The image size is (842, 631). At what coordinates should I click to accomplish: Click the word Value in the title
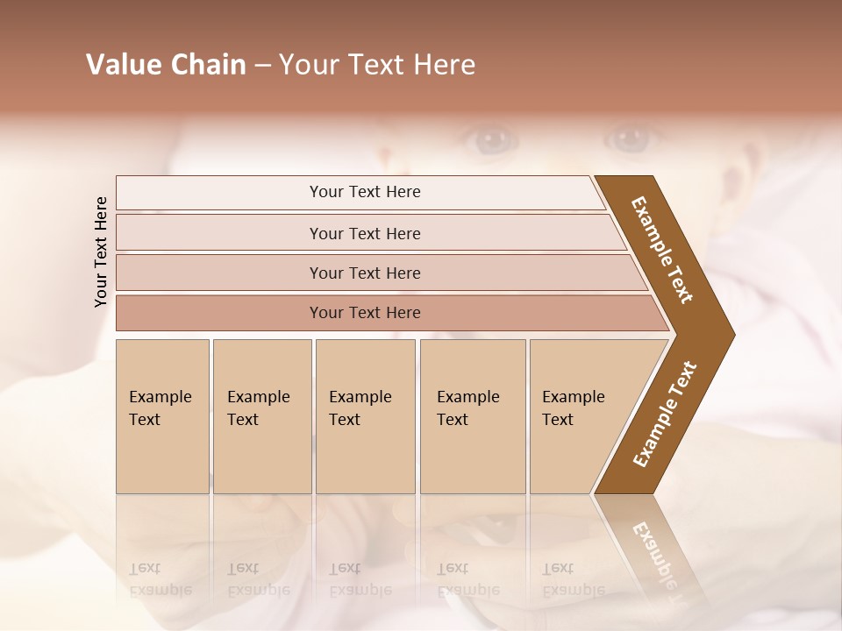click(x=123, y=65)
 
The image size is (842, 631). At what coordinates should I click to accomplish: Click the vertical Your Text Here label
click(x=101, y=252)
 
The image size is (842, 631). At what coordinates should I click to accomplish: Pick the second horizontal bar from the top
click(x=365, y=233)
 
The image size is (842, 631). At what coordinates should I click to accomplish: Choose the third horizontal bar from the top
click(x=365, y=273)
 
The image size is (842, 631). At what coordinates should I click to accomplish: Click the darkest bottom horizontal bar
click(x=365, y=313)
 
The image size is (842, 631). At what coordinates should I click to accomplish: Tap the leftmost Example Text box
click(x=162, y=415)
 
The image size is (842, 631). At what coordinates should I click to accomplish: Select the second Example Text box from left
click(x=261, y=415)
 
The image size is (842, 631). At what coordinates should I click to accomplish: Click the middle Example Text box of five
click(x=365, y=415)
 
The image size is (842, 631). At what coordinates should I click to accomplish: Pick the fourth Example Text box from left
click(x=472, y=415)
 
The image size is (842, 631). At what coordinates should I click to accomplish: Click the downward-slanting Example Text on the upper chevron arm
click(x=662, y=250)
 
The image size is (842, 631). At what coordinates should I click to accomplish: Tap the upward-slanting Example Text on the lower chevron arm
click(x=665, y=414)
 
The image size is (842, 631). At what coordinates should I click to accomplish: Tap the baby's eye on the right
click(x=627, y=137)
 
